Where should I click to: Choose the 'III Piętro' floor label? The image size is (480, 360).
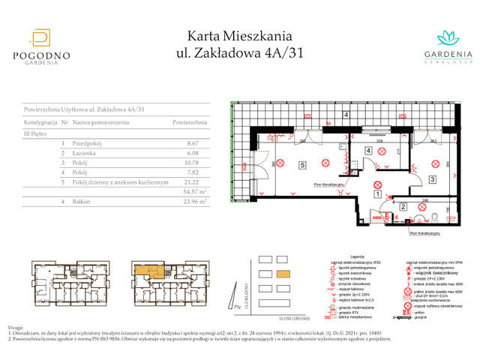click(37, 132)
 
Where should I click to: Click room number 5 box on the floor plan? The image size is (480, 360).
click(301, 165)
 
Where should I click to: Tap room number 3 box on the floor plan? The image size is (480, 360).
click(432, 179)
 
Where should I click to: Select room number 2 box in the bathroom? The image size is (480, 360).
click(403, 208)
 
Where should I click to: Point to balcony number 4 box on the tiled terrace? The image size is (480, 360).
click(346, 115)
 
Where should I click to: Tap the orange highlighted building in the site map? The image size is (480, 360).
click(283, 274)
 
